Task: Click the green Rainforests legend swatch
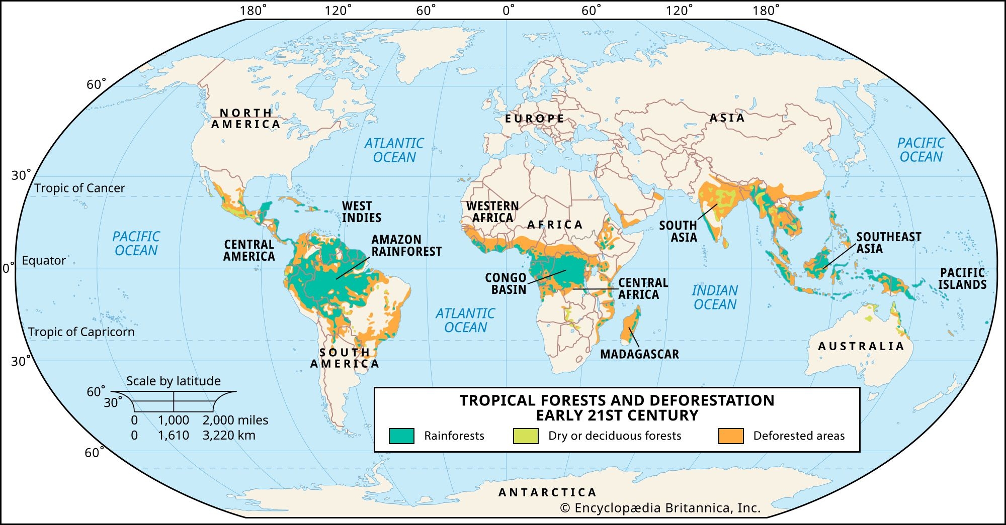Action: point(401,436)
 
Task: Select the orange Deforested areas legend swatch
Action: point(731,436)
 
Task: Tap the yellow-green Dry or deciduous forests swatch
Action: point(526,436)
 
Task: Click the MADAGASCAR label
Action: point(639,354)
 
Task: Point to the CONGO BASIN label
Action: point(506,284)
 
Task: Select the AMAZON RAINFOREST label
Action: point(406,246)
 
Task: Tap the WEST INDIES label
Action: point(361,212)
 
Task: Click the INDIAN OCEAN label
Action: point(715,297)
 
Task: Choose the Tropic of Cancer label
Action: point(79,188)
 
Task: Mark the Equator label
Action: point(44,261)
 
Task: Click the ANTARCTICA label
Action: point(547,492)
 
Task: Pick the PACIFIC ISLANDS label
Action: point(962,279)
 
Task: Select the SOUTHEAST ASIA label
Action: point(888,243)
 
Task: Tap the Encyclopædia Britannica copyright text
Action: point(660,508)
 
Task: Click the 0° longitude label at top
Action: point(509,11)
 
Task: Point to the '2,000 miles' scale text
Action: point(235,420)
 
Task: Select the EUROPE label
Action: point(535,119)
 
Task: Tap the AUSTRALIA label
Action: point(861,346)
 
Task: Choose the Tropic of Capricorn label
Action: point(81,332)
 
